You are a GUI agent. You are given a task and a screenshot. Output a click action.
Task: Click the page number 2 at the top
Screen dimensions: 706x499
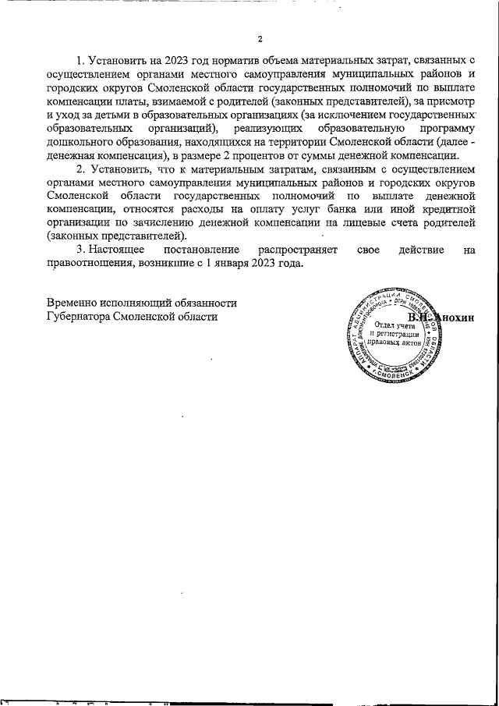pos(260,40)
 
